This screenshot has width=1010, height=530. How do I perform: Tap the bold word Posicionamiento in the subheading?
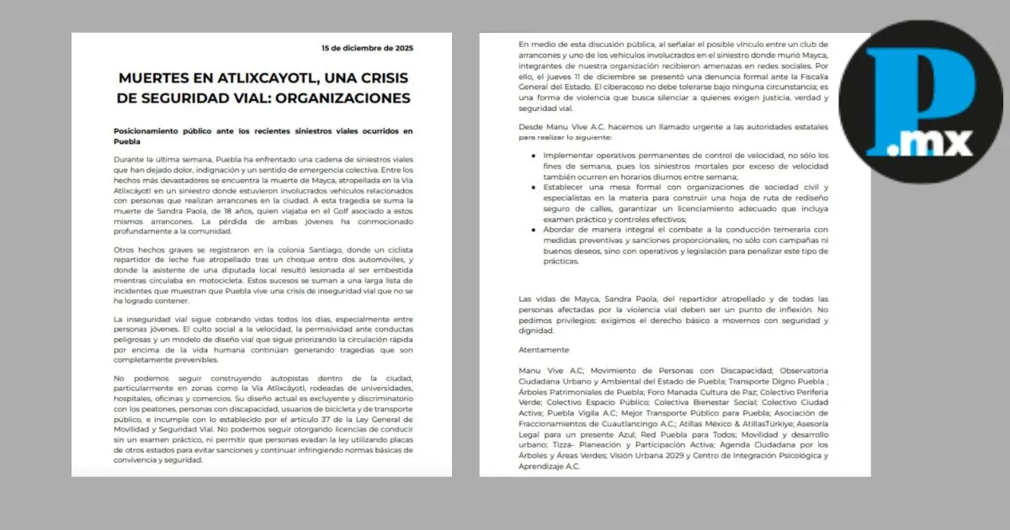151,131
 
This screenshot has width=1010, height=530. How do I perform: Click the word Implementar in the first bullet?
569,156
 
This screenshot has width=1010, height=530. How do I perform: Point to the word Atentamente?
545,350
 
